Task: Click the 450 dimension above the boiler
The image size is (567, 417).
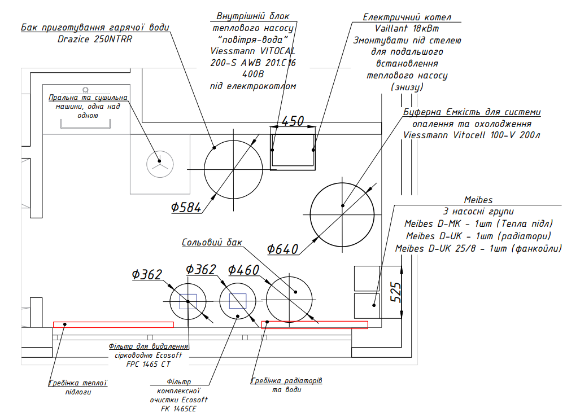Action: (x=293, y=121)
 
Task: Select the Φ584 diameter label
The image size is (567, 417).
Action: (x=186, y=208)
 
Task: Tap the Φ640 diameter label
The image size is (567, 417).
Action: (x=282, y=248)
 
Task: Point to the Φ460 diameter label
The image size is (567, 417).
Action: (x=243, y=270)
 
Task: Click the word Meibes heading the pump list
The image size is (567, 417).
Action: (x=478, y=200)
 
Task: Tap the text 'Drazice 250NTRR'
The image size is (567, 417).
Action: (x=95, y=39)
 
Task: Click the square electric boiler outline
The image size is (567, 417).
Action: (x=292, y=152)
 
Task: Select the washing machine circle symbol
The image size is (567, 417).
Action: (x=158, y=163)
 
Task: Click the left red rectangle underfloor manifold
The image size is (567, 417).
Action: (x=113, y=324)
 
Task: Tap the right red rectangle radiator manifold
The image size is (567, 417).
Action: (x=315, y=324)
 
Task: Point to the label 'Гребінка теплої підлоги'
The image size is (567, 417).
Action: (x=78, y=387)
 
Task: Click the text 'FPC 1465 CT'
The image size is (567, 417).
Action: (x=149, y=365)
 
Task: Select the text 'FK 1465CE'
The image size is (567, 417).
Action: (x=177, y=409)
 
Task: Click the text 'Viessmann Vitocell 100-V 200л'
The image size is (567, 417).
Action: (x=472, y=135)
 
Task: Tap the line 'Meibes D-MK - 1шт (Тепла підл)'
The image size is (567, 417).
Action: (x=478, y=223)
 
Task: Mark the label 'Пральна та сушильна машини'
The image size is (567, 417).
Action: (x=88, y=102)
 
